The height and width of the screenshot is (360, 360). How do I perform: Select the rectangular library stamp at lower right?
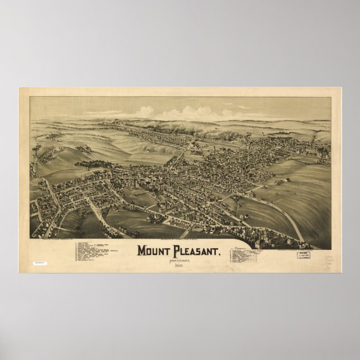(305, 255)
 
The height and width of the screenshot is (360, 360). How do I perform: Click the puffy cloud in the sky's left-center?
(144, 112)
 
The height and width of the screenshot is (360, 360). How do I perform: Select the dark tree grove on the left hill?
(92, 164)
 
